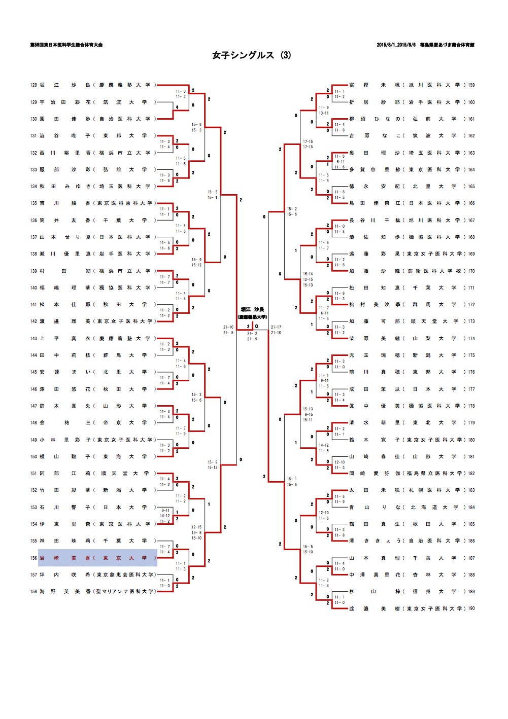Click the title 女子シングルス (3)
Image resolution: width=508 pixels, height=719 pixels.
tap(252, 55)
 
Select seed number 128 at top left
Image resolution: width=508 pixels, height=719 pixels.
tap(33, 85)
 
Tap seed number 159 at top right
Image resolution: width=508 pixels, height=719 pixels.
tap(471, 85)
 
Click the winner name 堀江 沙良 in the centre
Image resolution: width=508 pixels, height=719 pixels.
tap(252, 309)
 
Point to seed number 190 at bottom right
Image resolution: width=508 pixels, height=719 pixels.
tap(471, 608)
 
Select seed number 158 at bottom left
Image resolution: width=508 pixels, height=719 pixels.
tap(33, 591)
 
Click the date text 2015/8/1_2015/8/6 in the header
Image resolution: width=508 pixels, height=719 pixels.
tap(396, 45)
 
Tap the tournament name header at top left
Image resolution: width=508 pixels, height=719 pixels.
tap(66, 45)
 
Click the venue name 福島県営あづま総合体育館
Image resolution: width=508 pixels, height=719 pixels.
tap(447, 45)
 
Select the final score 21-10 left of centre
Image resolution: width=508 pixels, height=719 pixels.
tap(228, 327)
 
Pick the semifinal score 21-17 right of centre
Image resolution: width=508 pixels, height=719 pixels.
tap(276, 327)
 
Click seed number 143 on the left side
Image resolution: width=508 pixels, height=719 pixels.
tap(33, 338)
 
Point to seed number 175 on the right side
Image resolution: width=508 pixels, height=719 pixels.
tap(471, 355)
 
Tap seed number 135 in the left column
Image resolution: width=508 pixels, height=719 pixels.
tap(33, 203)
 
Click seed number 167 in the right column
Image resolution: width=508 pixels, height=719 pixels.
tap(471, 220)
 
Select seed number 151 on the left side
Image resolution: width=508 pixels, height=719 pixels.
tap(33, 474)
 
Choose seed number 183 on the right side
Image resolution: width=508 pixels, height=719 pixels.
tap(471, 490)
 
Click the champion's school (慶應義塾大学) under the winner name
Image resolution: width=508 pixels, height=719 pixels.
tap(252, 317)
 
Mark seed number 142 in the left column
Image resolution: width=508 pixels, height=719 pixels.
tap(33, 321)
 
